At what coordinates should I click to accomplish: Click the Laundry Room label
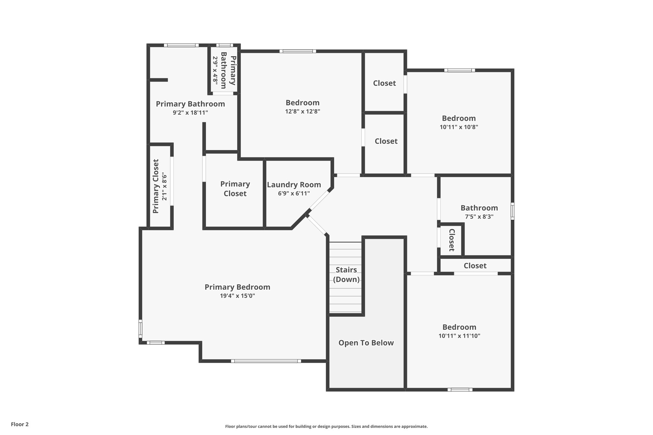[294, 185]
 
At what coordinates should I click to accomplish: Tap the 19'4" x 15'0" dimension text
[237, 296]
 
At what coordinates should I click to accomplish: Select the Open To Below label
[366, 343]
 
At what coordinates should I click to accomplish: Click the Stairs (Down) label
[346, 275]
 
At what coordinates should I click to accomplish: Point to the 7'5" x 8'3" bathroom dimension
[479, 217]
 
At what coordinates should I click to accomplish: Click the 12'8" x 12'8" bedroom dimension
[302, 112]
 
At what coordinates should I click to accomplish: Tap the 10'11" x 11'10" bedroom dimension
[459, 336]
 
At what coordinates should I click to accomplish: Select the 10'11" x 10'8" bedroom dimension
[459, 127]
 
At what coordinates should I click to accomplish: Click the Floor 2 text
[20, 424]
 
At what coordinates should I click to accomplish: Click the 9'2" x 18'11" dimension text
[190, 112]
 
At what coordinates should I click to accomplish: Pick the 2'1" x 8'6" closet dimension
[165, 186]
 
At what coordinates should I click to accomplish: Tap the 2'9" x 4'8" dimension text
[216, 70]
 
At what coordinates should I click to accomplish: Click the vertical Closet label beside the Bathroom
[451, 240]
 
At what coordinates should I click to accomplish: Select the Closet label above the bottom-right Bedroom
[475, 266]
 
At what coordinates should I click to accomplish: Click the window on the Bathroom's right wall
[512, 211]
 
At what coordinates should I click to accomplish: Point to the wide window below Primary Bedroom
[266, 361]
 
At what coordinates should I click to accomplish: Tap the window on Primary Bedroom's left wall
[140, 329]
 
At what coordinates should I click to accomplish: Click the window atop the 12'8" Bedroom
[298, 51]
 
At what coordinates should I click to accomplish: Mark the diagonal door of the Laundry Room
[319, 200]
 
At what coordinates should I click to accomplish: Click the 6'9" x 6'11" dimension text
[294, 193]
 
